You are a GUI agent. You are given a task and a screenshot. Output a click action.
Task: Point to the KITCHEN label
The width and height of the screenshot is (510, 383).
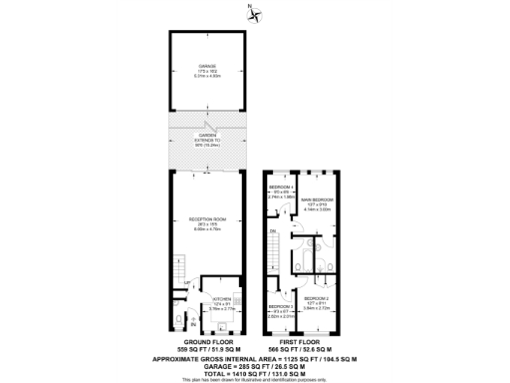(x=221, y=299)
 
